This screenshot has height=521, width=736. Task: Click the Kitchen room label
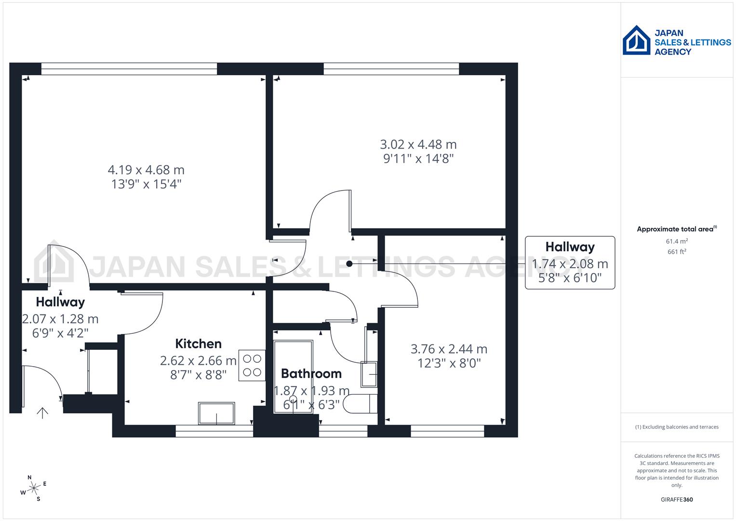point(198,344)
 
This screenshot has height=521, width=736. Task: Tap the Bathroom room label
point(311,373)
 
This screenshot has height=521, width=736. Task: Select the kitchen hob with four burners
point(252,366)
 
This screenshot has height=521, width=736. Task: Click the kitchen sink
point(216,413)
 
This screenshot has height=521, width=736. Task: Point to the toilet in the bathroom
point(361,404)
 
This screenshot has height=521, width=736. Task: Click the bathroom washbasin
point(369,374)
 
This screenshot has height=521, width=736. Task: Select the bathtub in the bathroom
point(293,376)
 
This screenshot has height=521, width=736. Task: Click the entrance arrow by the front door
point(42,412)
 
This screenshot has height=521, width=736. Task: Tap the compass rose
point(34,488)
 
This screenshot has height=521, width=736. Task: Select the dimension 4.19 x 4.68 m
point(146,170)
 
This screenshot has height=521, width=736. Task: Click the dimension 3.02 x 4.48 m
point(418,144)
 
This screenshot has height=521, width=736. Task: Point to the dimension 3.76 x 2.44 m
point(449,349)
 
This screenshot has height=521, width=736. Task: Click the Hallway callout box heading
point(570,247)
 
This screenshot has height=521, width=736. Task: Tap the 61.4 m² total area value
point(676,241)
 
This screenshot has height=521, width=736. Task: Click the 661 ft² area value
point(676,251)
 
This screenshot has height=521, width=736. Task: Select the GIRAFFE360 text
point(676,499)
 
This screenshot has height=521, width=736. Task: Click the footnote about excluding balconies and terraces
point(676,427)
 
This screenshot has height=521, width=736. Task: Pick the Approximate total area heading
point(675,229)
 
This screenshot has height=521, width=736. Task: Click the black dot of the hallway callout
point(349,264)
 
